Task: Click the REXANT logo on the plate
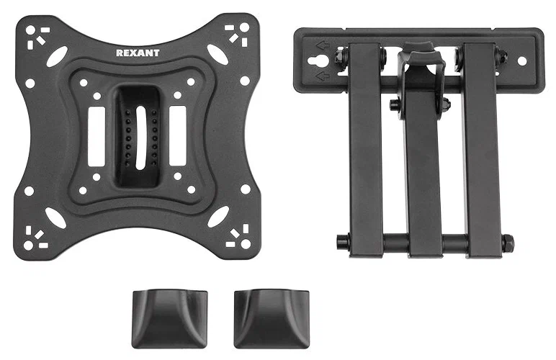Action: pyautogui.click(x=138, y=53)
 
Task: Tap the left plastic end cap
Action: pyautogui.click(x=169, y=318)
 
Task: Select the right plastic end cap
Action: pyautogui.click(x=272, y=318)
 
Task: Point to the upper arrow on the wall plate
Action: pyautogui.click(x=323, y=45)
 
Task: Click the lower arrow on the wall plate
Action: pyautogui.click(x=323, y=76)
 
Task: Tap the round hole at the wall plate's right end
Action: pyautogui.click(x=522, y=61)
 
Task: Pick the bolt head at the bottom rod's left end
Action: pyautogui.click(x=342, y=243)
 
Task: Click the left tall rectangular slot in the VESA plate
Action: pyautogui.click(x=97, y=136)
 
